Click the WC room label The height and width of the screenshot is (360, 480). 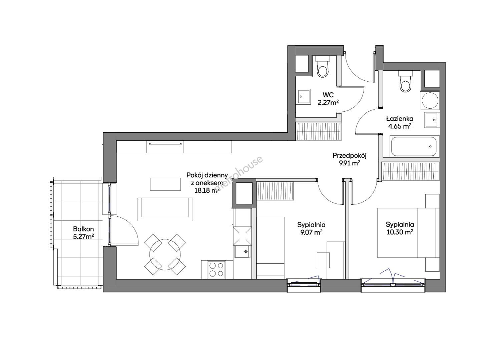tap(328, 95)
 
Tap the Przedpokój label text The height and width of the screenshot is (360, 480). tap(349, 156)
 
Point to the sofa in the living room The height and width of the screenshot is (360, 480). tap(165, 209)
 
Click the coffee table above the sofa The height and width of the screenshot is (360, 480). tap(165, 184)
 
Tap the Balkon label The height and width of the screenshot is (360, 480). tap(83, 229)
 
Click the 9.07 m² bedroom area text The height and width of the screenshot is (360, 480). tap(312, 232)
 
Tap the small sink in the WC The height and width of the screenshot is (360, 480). tap(304, 97)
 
